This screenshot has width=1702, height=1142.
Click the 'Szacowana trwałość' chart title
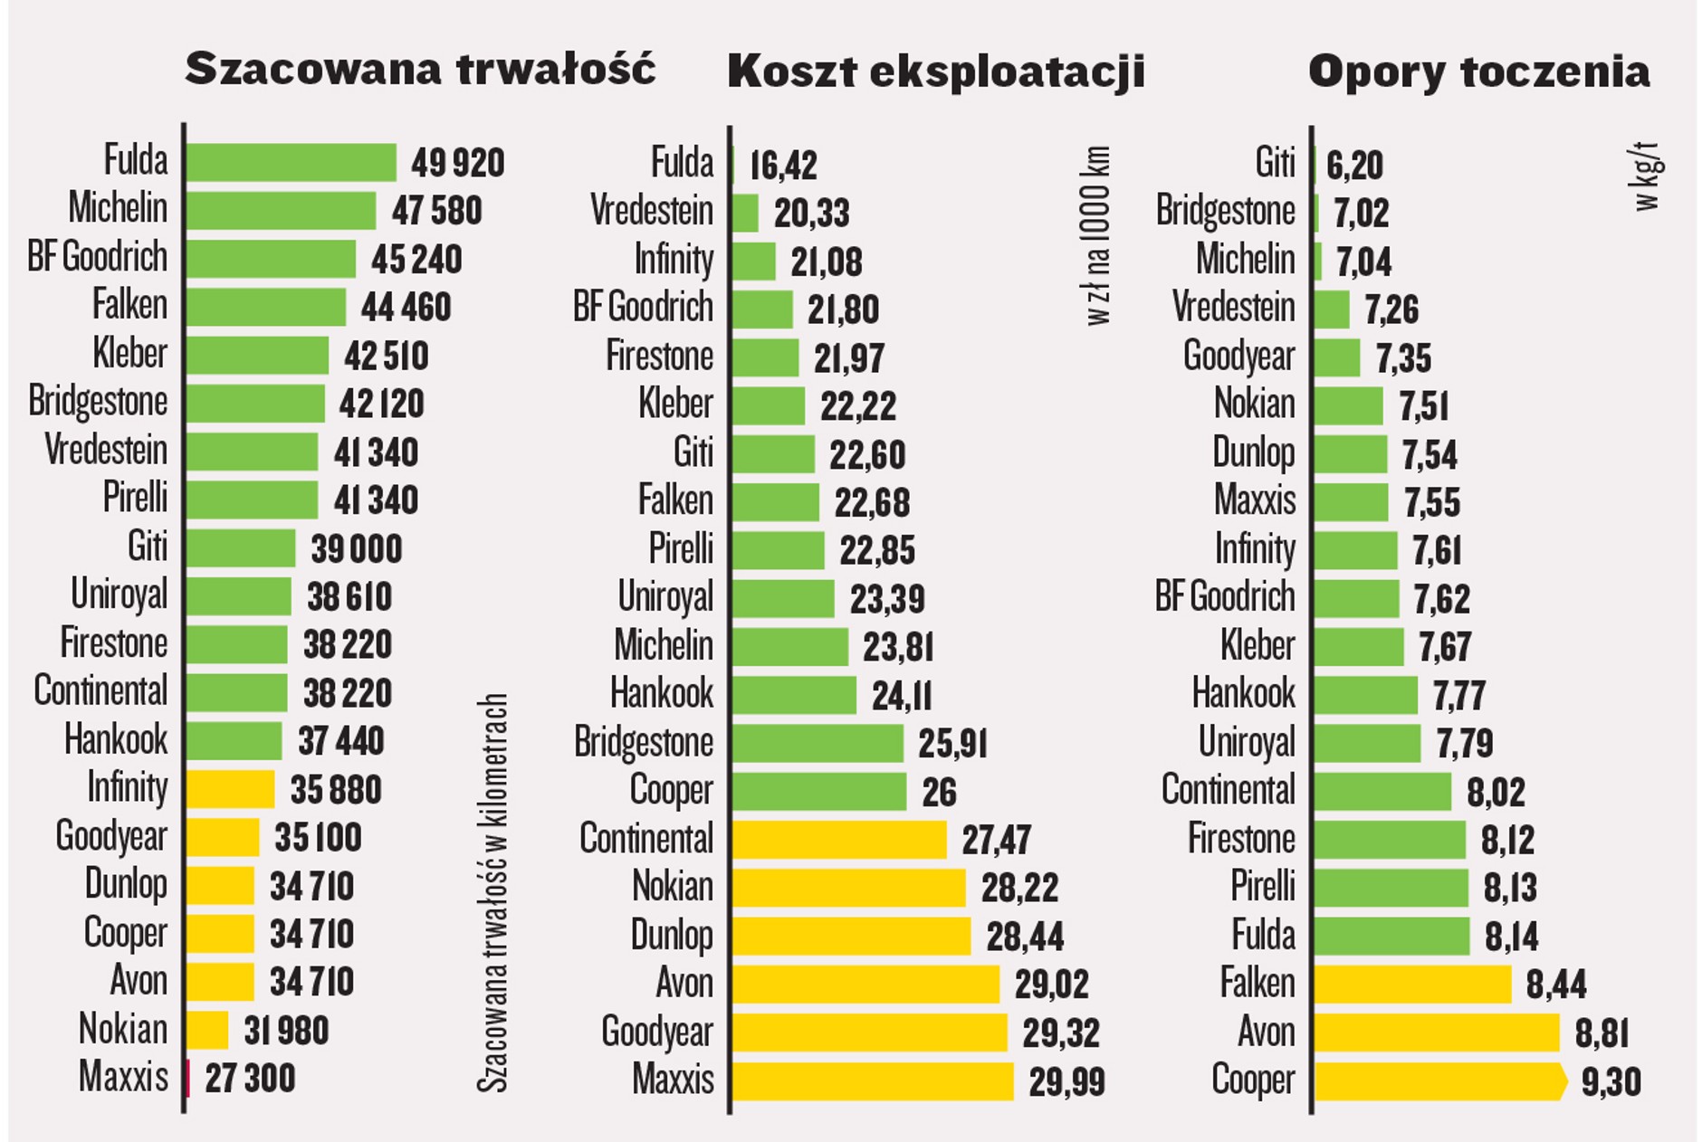click(419, 69)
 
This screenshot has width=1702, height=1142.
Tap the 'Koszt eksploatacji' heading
click(935, 71)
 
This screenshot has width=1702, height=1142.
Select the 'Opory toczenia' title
click(1478, 71)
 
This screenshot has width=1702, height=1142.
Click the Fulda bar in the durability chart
click(292, 163)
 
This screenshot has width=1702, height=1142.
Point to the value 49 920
click(457, 164)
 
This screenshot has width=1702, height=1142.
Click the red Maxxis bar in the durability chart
click(188, 1079)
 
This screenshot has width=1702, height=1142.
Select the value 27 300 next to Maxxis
click(250, 1079)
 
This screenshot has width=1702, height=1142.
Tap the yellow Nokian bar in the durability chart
click(208, 1030)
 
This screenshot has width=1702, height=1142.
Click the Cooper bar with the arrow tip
click(1439, 1081)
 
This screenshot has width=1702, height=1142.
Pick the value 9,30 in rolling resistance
click(1611, 1082)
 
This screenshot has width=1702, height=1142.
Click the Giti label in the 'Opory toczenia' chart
click(1275, 164)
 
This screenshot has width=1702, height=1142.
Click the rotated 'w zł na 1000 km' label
click(1097, 235)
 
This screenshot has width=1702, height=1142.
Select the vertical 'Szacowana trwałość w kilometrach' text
click(492, 893)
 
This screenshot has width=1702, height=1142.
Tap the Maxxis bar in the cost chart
click(873, 1081)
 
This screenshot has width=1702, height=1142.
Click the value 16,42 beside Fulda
click(783, 166)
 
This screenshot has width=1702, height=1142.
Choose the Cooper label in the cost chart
click(671, 791)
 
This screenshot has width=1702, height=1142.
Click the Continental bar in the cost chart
click(839, 840)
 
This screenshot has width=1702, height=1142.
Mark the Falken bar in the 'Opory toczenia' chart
click(1412, 985)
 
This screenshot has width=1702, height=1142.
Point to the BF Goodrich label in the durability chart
click(97, 257)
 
